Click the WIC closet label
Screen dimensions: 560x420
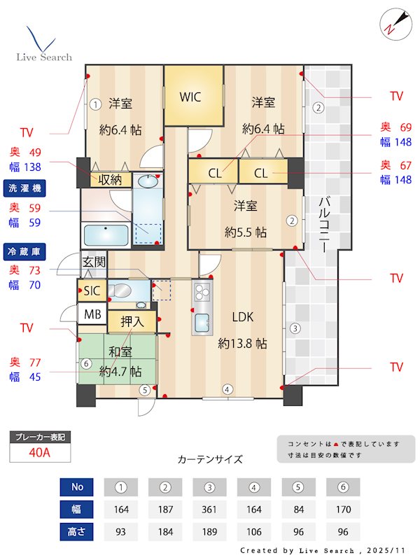(190, 97)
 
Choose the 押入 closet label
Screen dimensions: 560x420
(132, 322)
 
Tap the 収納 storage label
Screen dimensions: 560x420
(111, 179)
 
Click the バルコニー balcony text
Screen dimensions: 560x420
(324, 224)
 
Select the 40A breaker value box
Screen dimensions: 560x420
(40, 452)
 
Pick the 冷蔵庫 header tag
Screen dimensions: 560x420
(24, 251)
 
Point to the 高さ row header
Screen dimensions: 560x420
(76, 531)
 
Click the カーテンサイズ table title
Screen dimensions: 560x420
(210, 459)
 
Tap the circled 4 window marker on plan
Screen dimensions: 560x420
(227, 389)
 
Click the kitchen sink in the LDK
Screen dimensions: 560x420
(202, 323)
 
